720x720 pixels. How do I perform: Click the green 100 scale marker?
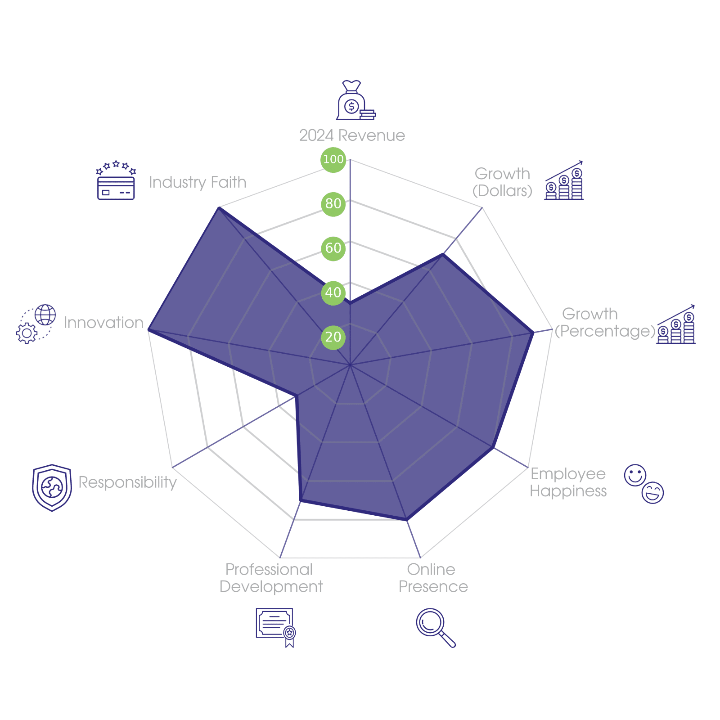point(333,159)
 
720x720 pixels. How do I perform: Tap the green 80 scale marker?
point(333,203)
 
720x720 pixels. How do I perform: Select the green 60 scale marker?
point(333,248)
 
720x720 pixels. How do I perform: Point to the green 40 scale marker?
point(333,292)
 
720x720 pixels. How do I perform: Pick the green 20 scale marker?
point(333,337)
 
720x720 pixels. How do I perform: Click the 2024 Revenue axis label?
point(352,135)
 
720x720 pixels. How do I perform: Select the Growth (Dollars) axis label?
point(502,182)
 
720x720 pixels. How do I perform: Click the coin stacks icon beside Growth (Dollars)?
point(564,181)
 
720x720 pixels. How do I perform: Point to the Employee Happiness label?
point(568,482)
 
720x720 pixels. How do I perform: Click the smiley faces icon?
point(644,484)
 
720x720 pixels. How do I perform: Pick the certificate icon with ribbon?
point(276,627)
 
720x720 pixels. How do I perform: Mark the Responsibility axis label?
point(127,482)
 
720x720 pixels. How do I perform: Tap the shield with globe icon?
point(52,487)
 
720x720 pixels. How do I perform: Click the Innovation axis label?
point(103,323)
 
